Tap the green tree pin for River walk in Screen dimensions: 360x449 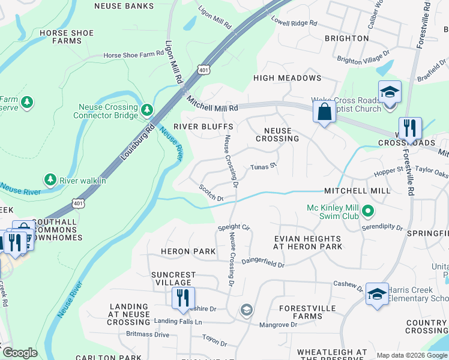point(50,179)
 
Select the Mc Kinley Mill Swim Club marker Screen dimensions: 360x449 point(369,212)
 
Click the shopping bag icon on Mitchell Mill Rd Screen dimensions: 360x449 point(324,112)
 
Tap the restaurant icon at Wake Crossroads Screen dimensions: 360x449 point(410,128)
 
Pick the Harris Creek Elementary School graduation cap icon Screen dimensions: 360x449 point(377,294)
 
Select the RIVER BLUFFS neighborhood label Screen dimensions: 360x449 point(203,127)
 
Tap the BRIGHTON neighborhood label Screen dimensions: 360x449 point(346,38)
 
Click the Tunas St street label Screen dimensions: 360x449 point(262,166)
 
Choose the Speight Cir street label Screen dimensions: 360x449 point(234,227)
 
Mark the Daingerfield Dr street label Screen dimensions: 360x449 point(262,262)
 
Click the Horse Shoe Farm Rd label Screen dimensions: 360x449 point(133,54)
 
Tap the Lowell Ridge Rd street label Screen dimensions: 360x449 point(294,23)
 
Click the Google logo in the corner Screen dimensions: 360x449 point(19,353)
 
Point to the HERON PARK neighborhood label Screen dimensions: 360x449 point(188,251)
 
